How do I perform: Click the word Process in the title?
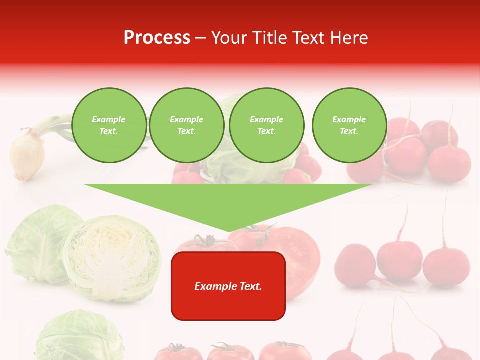coord(157,38)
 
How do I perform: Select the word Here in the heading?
coord(349,38)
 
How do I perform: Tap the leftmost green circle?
coord(109,125)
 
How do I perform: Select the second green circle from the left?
coord(187,125)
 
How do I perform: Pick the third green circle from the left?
coord(267,125)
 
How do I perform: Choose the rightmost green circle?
coord(349,125)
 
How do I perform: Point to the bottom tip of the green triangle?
coord(229,232)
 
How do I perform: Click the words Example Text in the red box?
coord(228,286)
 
